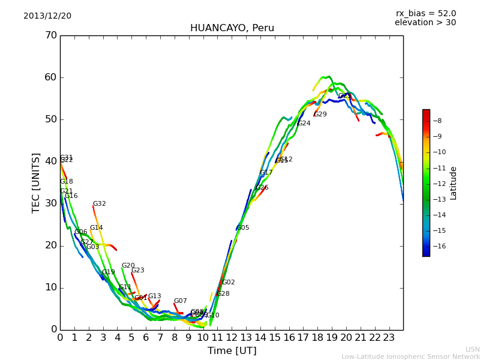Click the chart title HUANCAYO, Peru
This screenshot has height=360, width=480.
[232, 28]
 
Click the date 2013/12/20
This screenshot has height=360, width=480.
[47, 16]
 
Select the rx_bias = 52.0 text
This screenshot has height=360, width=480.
[425, 14]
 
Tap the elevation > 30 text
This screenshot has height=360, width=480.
[425, 23]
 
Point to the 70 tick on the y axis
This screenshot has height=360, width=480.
[50, 35]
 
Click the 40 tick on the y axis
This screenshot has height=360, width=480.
[50, 161]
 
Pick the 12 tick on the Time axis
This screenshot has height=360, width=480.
[232, 337]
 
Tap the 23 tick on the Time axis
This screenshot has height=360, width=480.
[389, 337]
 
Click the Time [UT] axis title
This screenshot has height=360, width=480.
[232, 351]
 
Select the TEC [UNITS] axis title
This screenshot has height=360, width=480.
[36, 182]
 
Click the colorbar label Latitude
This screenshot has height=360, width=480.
[454, 183]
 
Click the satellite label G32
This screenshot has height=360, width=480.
[99, 204]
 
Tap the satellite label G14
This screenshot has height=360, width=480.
[96, 228]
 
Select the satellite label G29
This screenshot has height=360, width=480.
[320, 115]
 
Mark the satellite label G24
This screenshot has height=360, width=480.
[304, 124]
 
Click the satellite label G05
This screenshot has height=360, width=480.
[243, 228]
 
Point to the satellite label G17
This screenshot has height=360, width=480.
[266, 173]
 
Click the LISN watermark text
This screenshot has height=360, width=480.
[473, 349]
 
